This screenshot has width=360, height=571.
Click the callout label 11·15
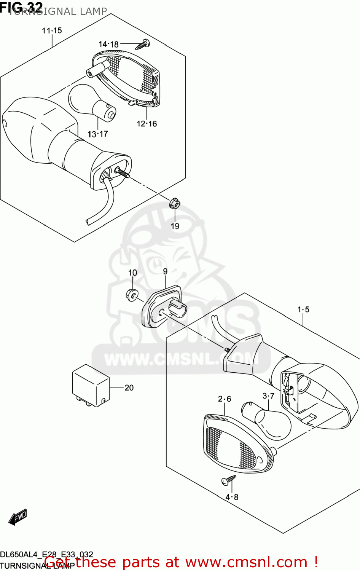52,30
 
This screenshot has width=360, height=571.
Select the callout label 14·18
108,45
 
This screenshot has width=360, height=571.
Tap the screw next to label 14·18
143,45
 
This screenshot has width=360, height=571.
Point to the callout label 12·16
147,124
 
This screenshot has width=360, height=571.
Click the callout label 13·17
97,134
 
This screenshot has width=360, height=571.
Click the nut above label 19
174,204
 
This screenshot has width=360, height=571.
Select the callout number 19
175,226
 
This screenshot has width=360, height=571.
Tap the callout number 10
132,273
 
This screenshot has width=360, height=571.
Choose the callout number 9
165,271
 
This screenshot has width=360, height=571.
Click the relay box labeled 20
91,385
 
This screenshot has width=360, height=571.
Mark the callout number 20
129,388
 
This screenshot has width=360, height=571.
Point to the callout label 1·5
303,309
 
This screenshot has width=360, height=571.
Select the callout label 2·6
224,399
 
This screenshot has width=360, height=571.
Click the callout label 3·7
268,396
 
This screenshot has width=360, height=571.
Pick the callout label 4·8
231,497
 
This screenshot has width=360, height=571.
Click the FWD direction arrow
18,517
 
